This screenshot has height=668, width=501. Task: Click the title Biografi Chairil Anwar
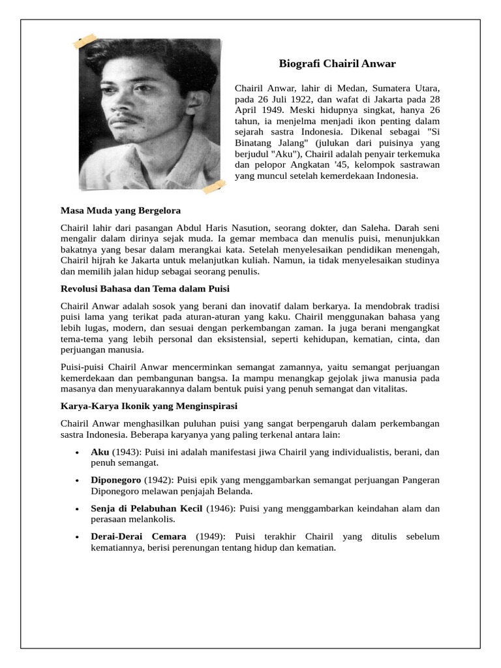(x=337, y=64)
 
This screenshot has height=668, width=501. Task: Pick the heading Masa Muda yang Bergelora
(x=120, y=211)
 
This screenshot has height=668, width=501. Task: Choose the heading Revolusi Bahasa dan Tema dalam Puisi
(x=145, y=288)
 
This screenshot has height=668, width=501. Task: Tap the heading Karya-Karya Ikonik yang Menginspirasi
(x=149, y=406)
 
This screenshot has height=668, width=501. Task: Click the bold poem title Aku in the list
(x=100, y=451)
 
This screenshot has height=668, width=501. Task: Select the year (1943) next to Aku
(x=125, y=451)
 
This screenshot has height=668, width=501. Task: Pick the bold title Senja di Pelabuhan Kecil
(x=147, y=508)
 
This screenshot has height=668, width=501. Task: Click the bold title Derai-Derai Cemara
(x=138, y=536)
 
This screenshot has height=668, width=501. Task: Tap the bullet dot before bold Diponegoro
(x=77, y=481)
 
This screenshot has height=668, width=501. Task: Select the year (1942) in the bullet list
(x=157, y=480)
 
